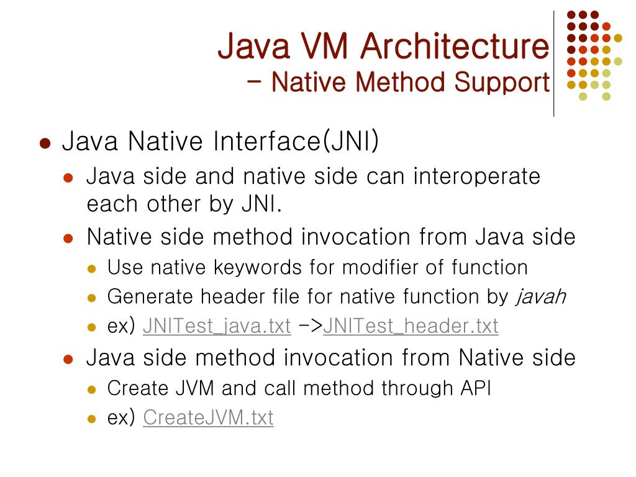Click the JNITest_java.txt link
tap(216, 326)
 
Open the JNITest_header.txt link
tap(410, 326)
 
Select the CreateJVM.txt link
tap(208, 417)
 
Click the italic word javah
tap(540, 297)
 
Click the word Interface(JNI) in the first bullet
tap(296, 142)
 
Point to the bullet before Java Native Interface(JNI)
tap(44, 143)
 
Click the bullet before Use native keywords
tap(92, 270)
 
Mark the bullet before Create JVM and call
tap(92, 390)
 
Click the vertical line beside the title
tap(553, 62)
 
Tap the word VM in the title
tap(322, 47)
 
